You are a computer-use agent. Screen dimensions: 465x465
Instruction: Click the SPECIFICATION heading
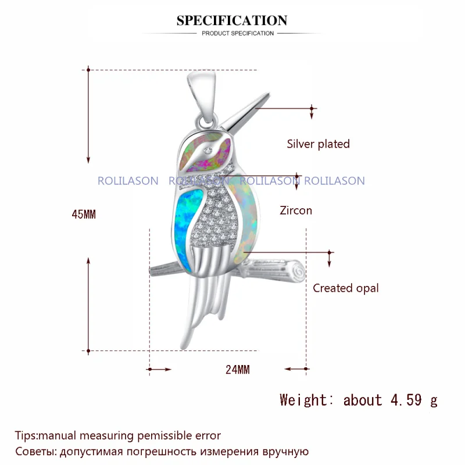232,21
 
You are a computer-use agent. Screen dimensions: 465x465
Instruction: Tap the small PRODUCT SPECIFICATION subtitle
238,33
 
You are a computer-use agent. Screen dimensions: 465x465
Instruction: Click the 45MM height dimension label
84,214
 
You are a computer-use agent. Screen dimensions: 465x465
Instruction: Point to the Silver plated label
318,144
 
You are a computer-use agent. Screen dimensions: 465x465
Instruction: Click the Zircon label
295,210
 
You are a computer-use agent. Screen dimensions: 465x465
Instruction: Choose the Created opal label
345,288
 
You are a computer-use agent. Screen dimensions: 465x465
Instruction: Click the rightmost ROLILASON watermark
335,181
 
